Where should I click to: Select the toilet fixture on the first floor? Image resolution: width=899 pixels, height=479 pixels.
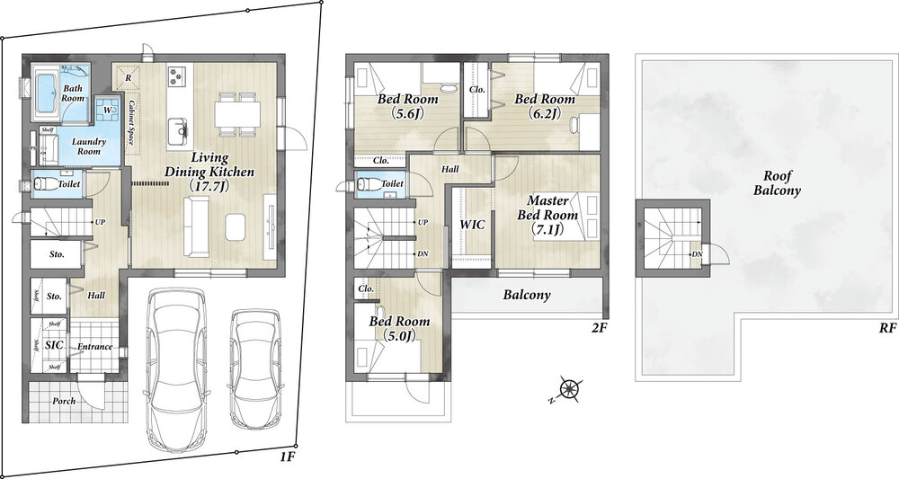42,184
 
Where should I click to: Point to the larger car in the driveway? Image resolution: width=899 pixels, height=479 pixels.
177,369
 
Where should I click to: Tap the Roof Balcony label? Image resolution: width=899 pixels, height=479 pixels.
777,183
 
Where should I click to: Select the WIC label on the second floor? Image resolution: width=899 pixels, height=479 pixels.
473,225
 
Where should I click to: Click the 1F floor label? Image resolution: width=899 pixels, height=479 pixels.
288,457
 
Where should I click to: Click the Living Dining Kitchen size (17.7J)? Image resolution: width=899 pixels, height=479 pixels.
209,184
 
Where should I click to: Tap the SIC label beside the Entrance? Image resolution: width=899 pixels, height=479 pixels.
54,345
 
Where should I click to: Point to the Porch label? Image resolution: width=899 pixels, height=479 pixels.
64,401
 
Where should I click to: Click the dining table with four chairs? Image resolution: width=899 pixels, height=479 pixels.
236,113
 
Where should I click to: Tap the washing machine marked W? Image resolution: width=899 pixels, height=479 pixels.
109,110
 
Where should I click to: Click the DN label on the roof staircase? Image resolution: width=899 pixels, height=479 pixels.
697,254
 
